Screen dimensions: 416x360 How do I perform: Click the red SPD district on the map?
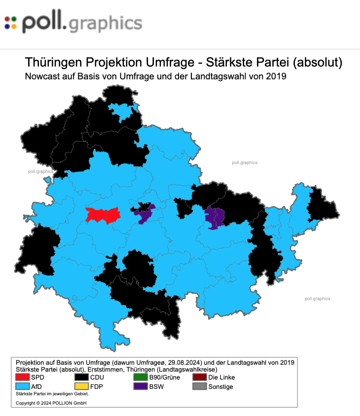[103, 215]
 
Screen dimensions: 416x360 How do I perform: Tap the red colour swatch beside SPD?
[23, 378]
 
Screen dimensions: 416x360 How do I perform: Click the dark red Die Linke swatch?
[200, 378]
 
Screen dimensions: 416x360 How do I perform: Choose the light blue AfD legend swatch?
[23, 386]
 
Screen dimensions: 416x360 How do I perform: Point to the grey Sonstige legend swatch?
[200, 386]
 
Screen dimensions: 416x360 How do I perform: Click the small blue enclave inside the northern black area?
[121, 112]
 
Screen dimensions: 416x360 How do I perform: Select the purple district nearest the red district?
[145, 215]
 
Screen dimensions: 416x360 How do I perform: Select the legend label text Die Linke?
[221, 378]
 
